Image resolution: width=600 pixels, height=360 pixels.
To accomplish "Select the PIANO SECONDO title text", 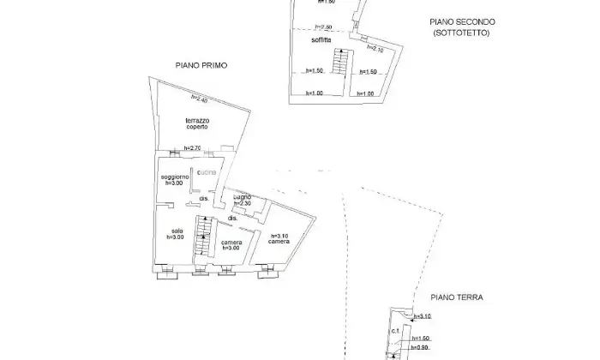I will pyautogui.click(x=463, y=22).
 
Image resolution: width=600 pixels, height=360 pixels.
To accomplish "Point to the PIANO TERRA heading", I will pyautogui.click(x=457, y=297).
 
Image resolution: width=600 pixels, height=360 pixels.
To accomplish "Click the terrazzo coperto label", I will pyautogui.click(x=197, y=123).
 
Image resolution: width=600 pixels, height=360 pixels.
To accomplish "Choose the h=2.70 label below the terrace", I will pyautogui.click(x=192, y=149).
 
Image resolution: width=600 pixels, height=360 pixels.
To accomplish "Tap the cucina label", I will pyautogui.click(x=207, y=173).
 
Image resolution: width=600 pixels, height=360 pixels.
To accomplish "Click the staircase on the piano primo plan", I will pyautogui.click(x=203, y=235).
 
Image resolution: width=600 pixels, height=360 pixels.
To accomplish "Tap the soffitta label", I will pyautogui.click(x=322, y=41).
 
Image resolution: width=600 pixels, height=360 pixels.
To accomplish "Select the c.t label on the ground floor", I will pyautogui.click(x=396, y=332).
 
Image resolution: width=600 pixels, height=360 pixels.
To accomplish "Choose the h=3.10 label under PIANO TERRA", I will pyautogui.click(x=422, y=316).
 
